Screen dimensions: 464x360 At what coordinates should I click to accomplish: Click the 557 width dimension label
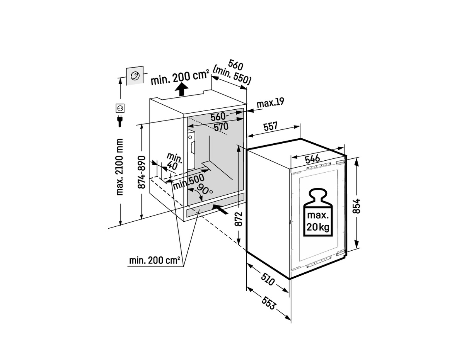[270, 126]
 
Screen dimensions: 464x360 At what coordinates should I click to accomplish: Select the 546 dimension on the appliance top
[312, 159]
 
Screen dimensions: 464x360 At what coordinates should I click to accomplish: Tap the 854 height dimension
[357, 206]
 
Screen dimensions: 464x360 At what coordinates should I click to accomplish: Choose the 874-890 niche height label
[142, 172]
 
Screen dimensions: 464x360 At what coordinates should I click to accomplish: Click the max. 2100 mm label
[119, 167]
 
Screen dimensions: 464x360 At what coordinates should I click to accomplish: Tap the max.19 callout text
[271, 103]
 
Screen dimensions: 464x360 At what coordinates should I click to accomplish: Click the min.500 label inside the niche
[188, 182]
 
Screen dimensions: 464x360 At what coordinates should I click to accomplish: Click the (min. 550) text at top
[232, 75]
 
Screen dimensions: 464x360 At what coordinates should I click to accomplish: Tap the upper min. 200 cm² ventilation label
[180, 78]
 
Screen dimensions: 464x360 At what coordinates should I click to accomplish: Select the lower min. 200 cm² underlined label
[155, 260]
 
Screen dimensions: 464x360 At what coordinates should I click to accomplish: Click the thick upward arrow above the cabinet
[181, 89]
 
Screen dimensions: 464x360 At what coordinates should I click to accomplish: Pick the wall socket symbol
[120, 108]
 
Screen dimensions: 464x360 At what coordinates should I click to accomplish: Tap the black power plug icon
[120, 121]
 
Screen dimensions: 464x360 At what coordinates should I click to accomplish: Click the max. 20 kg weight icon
[318, 212]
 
